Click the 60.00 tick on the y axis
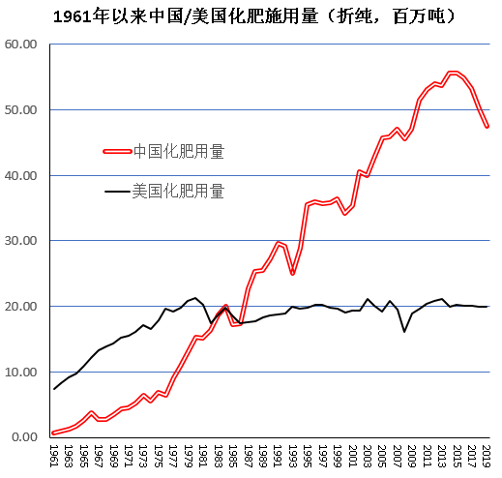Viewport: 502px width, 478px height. coord(20,45)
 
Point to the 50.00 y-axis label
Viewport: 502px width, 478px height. coord(20,110)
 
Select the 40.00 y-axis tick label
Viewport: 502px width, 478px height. coord(20,175)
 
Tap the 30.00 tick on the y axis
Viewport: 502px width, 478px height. coord(20,241)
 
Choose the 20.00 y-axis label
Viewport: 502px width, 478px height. coord(20,307)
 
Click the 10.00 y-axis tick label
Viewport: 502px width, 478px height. coord(20,372)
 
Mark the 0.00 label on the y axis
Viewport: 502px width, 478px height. coord(24,437)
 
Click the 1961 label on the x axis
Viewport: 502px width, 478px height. coord(54,456)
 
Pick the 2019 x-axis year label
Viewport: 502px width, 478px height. coord(487,456)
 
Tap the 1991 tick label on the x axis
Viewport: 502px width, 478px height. coord(278,456)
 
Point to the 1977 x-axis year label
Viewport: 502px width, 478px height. coord(173,456)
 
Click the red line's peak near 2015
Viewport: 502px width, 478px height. coord(453,73)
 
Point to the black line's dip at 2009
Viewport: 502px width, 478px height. coord(404,332)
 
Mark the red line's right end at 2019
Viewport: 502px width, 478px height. coord(487,126)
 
